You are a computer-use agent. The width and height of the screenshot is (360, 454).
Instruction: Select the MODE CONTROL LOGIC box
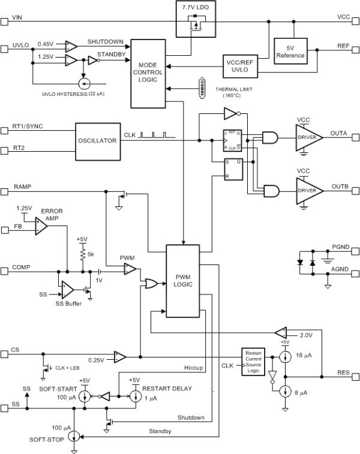147,73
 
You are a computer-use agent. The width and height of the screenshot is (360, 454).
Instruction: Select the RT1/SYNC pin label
27,127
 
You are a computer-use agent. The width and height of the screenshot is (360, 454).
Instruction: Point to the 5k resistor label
91,254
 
